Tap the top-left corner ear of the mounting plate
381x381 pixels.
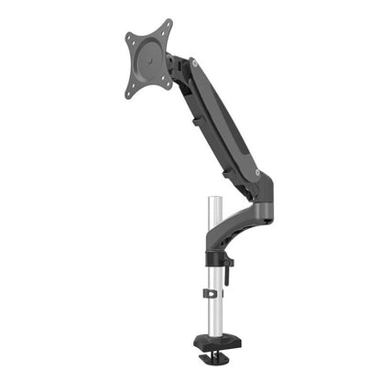(x=130, y=39)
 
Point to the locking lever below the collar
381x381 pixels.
(x=229, y=267)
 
